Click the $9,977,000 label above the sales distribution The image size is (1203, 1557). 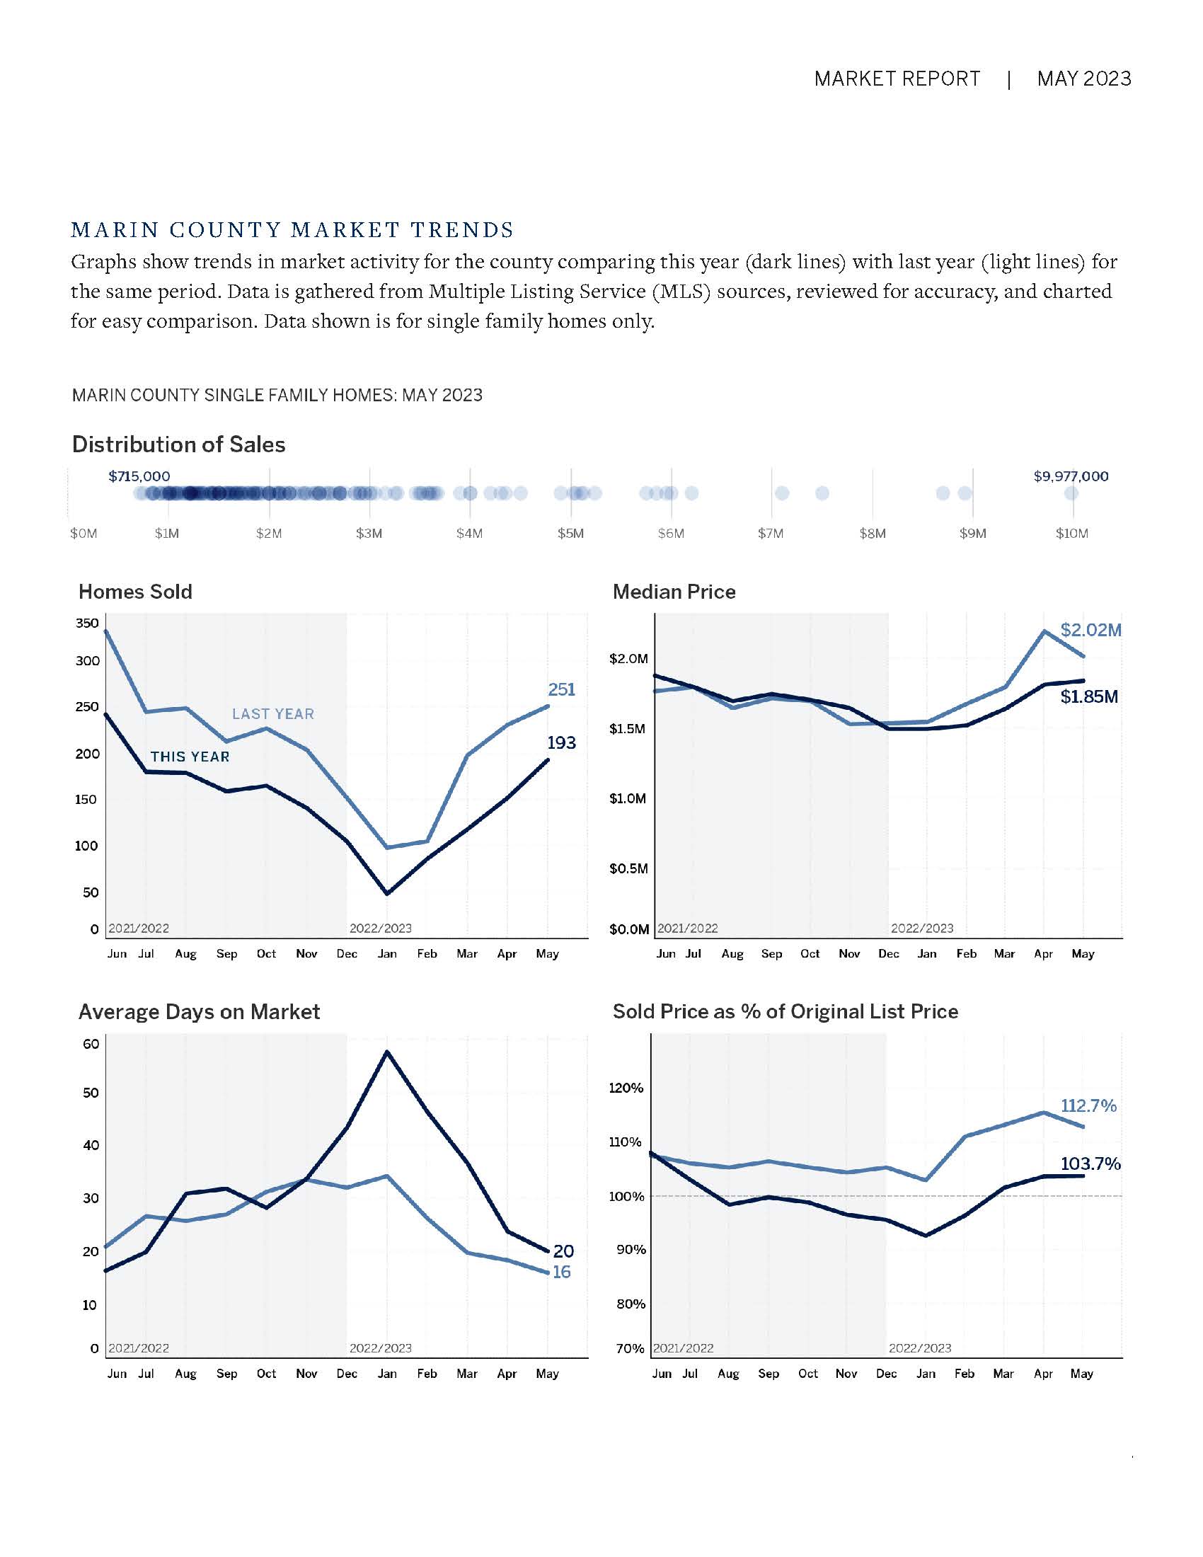(x=1071, y=476)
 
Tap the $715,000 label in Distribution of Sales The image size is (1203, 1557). (x=139, y=476)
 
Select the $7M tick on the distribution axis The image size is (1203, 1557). (x=771, y=533)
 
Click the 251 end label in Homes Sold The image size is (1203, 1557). (x=562, y=689)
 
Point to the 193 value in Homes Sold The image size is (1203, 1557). (x=562, y=743)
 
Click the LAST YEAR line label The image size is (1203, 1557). (x=273, y=713)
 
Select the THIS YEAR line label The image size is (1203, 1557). (x=190, y=757)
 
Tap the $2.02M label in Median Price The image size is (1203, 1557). (x=1090, y=630)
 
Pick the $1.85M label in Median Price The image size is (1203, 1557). (x=1089, y=696)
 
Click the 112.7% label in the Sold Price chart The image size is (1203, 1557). (x=1088, y=1105)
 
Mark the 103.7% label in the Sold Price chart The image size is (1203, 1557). (x=1090, y=1164)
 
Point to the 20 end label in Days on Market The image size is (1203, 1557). (x=563, y=1251)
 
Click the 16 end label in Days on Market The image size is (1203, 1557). (x=562, y=1272)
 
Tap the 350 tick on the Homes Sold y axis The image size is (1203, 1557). (x=87, y=623)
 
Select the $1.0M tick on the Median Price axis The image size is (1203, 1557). (x=628, y=798)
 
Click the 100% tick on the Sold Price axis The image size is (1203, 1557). (x=626, y=1196)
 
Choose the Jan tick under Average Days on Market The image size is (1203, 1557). (x=387, y=1374)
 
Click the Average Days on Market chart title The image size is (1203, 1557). (x=199, y=1011)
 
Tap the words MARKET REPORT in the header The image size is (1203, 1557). (x=897, y=79)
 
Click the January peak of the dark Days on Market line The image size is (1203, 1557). (x=387, y=1052)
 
